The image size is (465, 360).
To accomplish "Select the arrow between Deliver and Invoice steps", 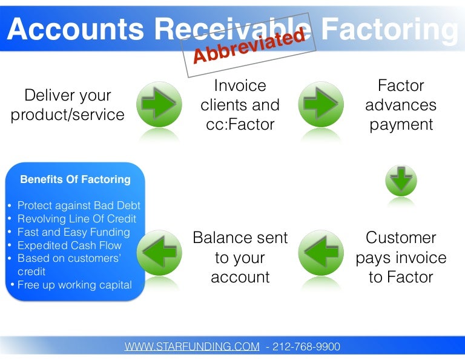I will (159, 104).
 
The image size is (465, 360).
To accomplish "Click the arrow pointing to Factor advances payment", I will (320, 104).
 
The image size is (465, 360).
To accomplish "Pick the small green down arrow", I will (401, 181).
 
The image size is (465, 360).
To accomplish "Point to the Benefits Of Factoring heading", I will (75, 179).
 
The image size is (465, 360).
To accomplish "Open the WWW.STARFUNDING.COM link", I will (193, 347).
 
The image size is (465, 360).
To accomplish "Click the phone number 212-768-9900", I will (306, 347).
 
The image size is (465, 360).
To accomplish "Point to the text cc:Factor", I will (240, 124).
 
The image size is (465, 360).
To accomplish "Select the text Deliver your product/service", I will (68, 105).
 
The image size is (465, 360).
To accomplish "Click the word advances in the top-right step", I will (400, 105).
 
